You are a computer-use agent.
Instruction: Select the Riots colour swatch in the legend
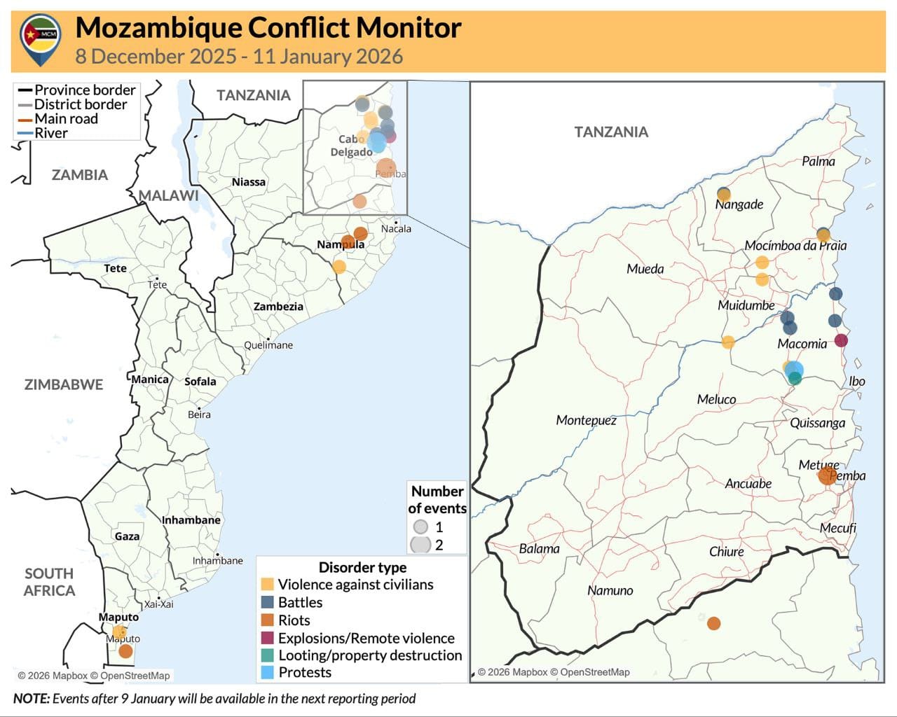point(267,620)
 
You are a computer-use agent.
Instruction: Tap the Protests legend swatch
point(267,672)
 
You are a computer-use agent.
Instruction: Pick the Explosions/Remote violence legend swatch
point(267,638)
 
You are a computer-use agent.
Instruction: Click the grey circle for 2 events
point(420,544)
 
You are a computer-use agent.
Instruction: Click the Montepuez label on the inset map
point(586,420)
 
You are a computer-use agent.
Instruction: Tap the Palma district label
point(818,162)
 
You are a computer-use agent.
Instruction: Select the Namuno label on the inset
point(610,590)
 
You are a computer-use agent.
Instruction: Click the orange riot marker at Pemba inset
point(827,476)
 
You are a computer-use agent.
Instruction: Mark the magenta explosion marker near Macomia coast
point(841,340)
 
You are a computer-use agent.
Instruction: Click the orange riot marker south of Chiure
point(713,623)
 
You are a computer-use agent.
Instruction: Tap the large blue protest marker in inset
point(794,369)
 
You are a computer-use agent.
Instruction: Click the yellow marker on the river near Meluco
point(728,342)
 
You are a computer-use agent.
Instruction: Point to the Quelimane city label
point(268,345)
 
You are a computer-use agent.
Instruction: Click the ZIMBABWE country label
point(64,384)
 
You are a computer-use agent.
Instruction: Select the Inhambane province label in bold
point(191,520)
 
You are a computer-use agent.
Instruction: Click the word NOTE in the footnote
point(31,699)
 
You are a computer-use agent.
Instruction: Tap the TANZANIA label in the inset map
point(611,132)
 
